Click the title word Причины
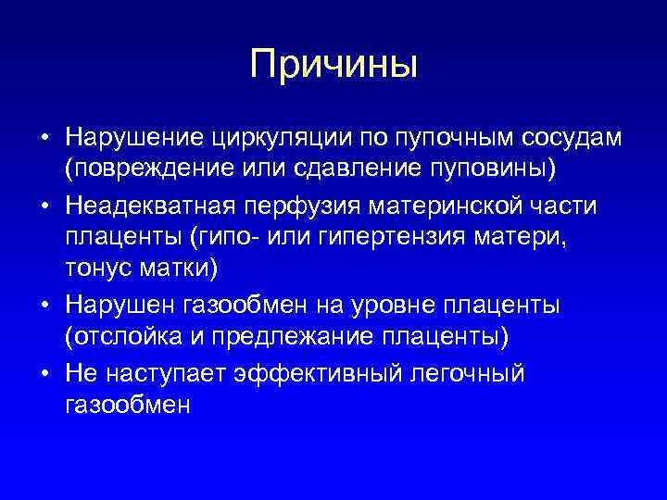(333, 65)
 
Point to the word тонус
(95, 271)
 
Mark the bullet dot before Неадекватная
(44, 206)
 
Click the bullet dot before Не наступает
(44, 372)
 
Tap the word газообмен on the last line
(127, 405)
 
